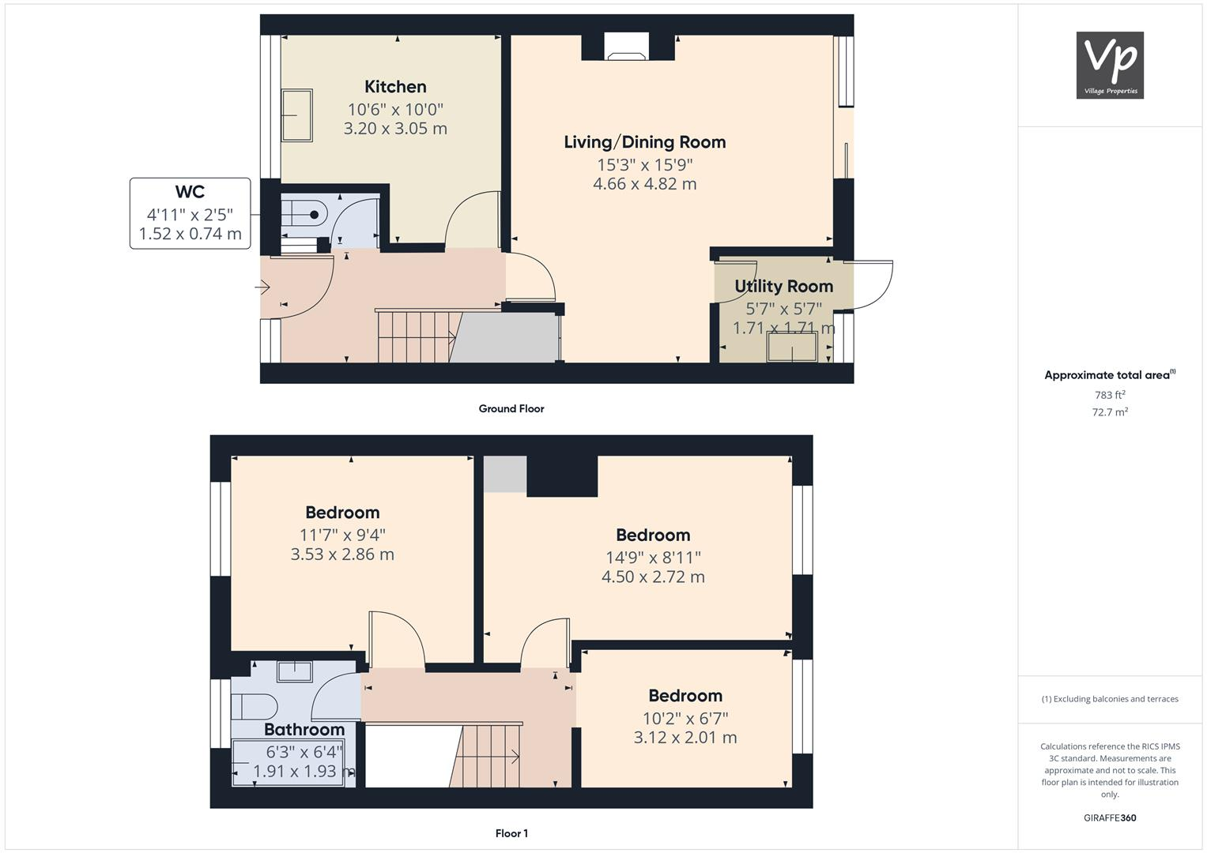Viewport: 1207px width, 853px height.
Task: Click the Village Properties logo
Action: pos(1110,65)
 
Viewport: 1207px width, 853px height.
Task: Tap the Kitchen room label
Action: pos(395,87)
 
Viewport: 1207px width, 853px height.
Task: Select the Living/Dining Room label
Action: pos(644,142)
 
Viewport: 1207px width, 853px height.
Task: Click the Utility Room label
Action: pos(783,286)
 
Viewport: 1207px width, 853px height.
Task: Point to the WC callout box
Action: pos(190,213)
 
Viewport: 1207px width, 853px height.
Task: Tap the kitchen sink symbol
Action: pos(297,115)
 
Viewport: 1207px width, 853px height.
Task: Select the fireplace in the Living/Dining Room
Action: pos(627,47)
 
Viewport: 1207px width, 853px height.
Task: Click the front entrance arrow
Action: pos(262,287)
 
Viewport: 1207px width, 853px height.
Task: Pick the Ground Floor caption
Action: pos(511,408)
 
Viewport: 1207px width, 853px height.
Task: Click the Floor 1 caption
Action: pos(511,833)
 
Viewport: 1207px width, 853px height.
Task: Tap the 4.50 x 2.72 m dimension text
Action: pos(653,577)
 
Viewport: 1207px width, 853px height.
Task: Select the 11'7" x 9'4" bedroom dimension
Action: pos(342,535)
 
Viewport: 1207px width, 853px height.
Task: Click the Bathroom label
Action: pos(304,729)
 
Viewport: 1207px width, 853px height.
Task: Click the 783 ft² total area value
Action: pos(1110,395)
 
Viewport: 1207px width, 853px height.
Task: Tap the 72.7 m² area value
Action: pos(1110,411)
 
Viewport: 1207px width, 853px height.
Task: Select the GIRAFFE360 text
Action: pos(1110,817)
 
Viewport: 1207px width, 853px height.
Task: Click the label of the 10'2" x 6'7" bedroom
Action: pos(685,696)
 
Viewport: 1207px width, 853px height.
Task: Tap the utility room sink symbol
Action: pos(792,348)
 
